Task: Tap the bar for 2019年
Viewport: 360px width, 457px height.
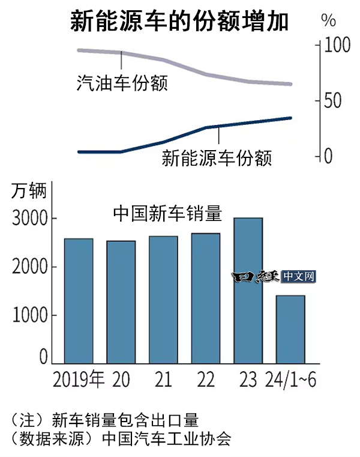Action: click(79, 300)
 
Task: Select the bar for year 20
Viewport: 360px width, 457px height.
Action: click(121, 301)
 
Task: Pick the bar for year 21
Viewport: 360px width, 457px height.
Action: click(163, 299)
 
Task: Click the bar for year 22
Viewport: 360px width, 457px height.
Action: click(206, 298)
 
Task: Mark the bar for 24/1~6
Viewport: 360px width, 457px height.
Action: click(290, 329)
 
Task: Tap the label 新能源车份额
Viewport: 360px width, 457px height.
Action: click(217, 159)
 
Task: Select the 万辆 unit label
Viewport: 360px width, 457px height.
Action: click(28, 192)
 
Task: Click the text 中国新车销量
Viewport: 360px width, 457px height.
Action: click(168, 213)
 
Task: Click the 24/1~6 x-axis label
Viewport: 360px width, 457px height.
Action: click(290, 380)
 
